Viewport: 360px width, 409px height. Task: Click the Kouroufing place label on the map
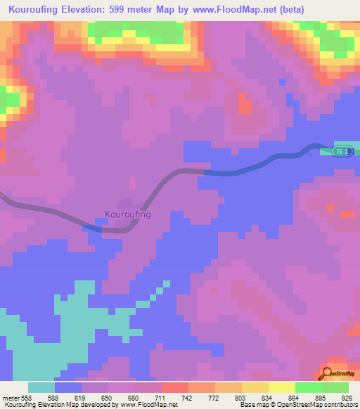(128, 214)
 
